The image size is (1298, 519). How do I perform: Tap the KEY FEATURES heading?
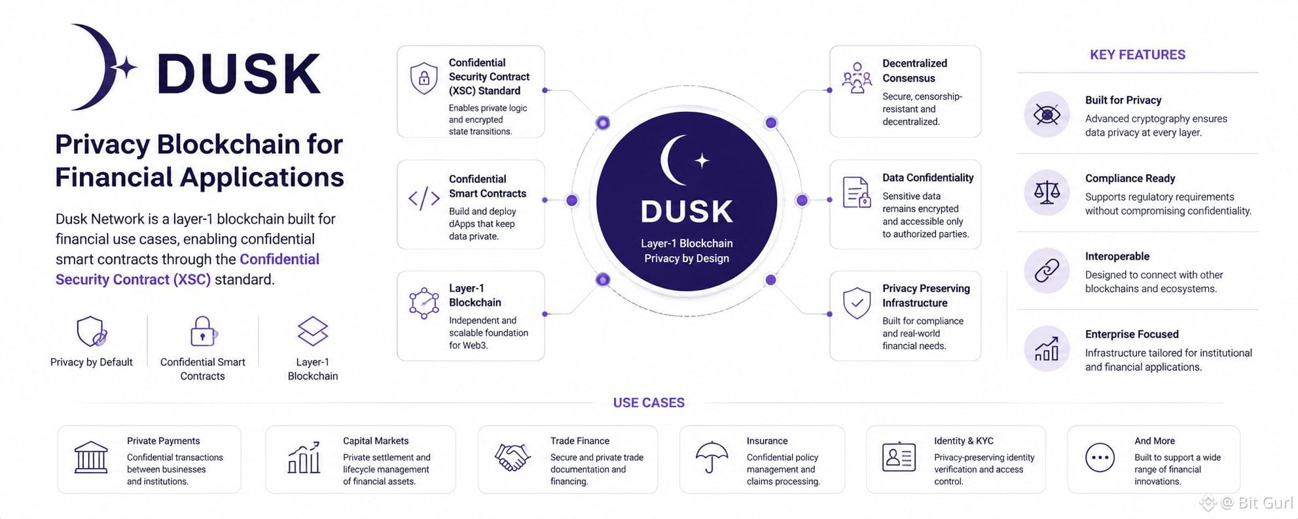tap(1137, 55)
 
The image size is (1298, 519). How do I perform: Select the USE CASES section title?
tap(649, 403)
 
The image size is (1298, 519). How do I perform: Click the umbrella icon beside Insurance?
tap(712, 457)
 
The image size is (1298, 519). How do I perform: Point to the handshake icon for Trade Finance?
tap(512, 457)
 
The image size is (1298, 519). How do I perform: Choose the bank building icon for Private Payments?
tap(91, 457)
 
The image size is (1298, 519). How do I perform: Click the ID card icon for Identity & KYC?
tap(899, 457)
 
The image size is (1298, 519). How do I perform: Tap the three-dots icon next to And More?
tap(1100, 457)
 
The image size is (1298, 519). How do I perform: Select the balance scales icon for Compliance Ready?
tap(1047, 192)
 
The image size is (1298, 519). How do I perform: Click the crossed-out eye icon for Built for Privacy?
tap(1047, 115)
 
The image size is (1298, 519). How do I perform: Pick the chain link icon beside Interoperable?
tap(1047, 270)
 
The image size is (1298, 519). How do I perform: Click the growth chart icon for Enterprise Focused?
tap(1047, 349)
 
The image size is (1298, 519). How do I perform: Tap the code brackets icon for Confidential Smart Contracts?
tap(424, 198)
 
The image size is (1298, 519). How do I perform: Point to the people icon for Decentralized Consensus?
tap(857, 78)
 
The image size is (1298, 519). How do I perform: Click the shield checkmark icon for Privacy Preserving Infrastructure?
tap(857, 303)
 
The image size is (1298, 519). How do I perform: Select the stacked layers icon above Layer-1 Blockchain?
tap(313, 331)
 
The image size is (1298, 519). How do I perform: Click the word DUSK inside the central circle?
tap(687, 211)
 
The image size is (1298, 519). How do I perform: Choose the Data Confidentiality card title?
tap(928, 178)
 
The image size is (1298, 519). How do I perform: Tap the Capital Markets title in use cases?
tap(376, 441)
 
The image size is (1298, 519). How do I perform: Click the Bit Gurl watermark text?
tap(1265, 503)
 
